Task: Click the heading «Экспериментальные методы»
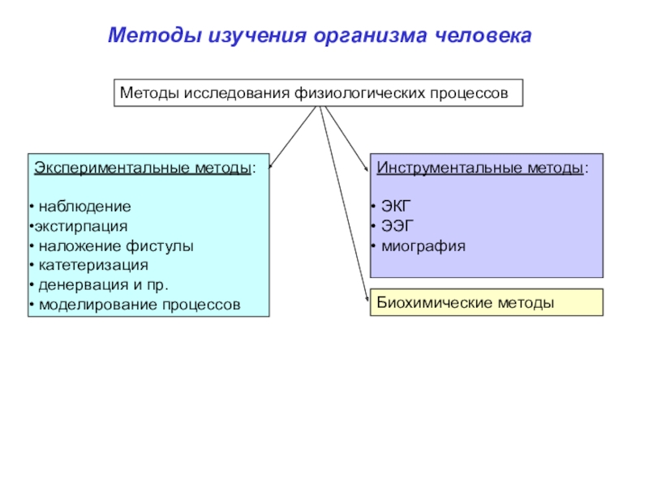141,168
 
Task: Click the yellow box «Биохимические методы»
486,302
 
